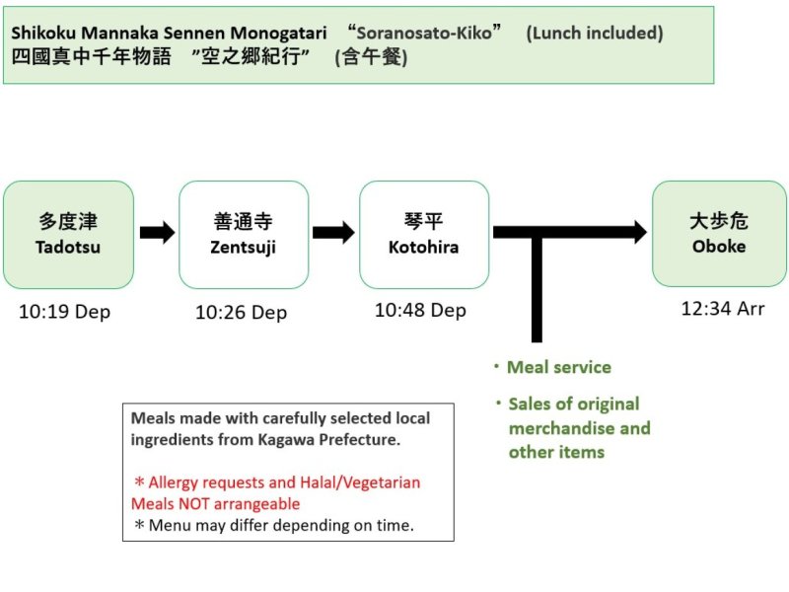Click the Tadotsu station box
[68, 235]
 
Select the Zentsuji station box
[244, 235]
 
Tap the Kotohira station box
[423, 235]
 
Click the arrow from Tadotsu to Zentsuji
[157, 233]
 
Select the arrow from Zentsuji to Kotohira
[333, 233]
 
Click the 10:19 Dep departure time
[65, 312]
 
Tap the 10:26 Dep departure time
[241, 313]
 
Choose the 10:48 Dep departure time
[420, 310]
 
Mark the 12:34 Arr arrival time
[723, 309]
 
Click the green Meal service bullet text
[558, 367]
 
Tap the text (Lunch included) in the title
[595, 33]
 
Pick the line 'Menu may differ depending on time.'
[281, 525]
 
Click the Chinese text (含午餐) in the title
[371, 57]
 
